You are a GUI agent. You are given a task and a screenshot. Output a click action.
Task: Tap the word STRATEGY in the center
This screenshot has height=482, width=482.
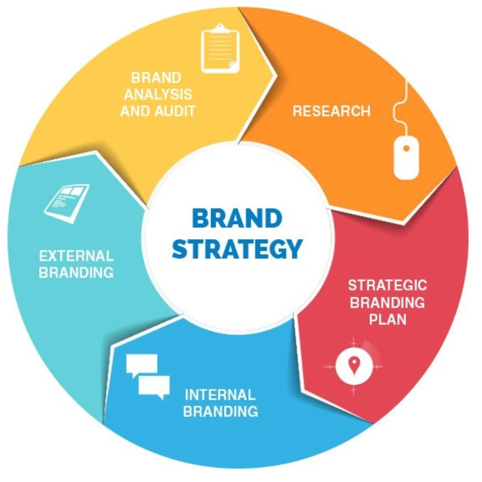(x=237, y=249)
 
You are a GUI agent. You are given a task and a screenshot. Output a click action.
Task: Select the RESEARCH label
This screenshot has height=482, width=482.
(x=331, y=111)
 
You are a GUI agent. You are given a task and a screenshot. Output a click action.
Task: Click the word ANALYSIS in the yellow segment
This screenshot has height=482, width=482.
(x=158, y=94)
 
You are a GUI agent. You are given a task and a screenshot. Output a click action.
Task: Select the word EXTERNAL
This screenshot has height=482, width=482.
(x=76, y=256)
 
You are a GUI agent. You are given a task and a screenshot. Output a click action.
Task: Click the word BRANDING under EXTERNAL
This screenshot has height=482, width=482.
(x=76, y=273)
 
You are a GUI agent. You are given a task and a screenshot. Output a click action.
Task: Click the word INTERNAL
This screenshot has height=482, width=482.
(x=220, y=395)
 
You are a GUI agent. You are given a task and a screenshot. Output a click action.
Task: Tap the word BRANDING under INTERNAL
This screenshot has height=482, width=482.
(x=220, y=411)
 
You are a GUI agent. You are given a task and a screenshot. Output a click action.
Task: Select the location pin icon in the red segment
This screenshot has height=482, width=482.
(x=353, y=366)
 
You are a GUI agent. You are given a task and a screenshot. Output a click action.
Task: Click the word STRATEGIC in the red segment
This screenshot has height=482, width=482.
(x=387, y=285)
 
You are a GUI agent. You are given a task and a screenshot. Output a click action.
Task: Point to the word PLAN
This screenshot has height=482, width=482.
(x=387, y=320)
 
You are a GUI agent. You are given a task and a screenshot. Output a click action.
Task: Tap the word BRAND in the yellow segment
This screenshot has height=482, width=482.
(x=156, y=78)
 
